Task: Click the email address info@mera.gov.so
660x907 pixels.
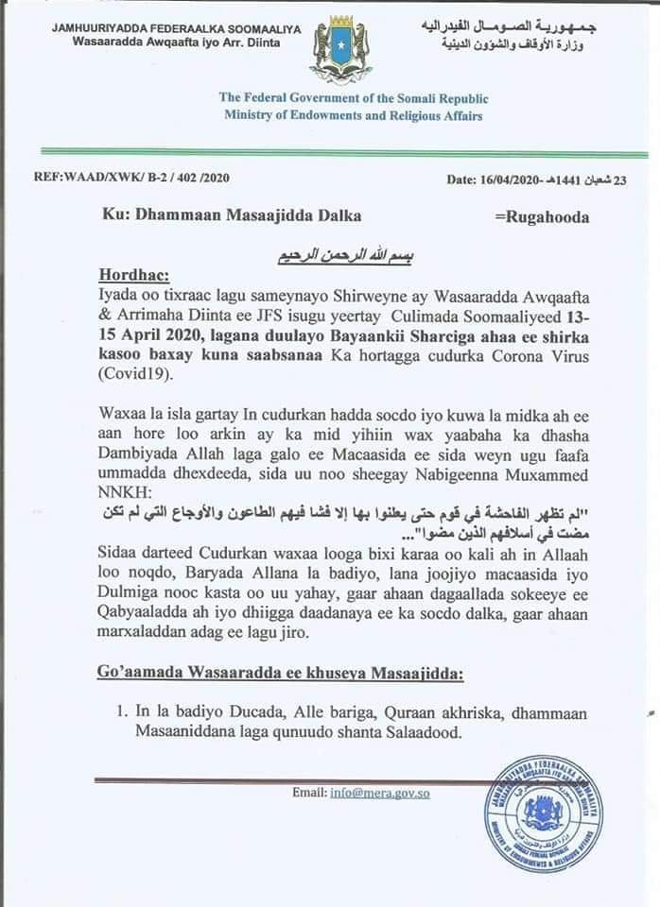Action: tap(379, 793)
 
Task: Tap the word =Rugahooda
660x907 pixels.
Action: tap(542, 216)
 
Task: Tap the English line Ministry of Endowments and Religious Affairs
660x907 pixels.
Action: tap(353, 115)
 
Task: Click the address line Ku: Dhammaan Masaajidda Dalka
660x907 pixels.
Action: tap(232, 215)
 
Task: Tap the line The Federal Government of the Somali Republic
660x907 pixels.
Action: tap(353, 97)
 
